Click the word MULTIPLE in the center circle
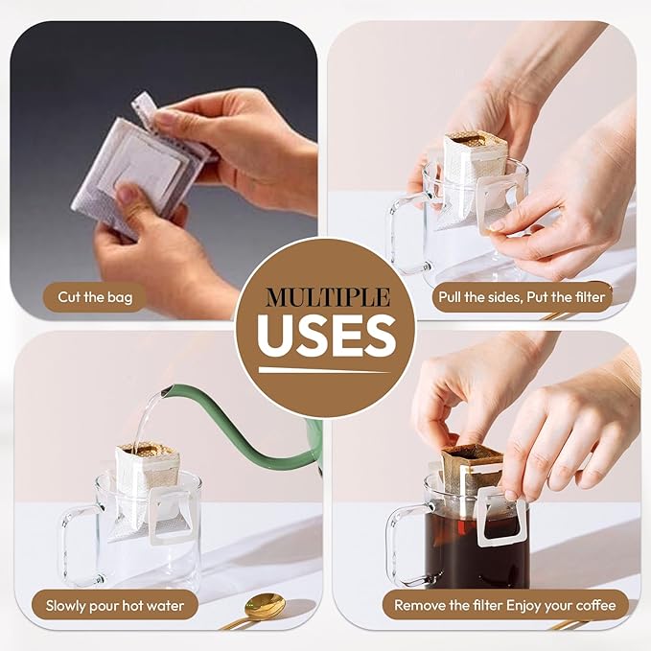[x=328, y=297]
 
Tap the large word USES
[x=327, y=335]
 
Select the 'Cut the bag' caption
[x=95, y=297]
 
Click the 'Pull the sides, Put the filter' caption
[x=522, y=297]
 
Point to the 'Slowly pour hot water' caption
[x=115, y=606]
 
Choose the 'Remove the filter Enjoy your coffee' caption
[x=505, y=605]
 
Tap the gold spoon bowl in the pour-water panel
[x=265, y=606]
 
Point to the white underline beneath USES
[x=324, y=370]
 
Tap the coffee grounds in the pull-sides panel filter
[x=475, y=140]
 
